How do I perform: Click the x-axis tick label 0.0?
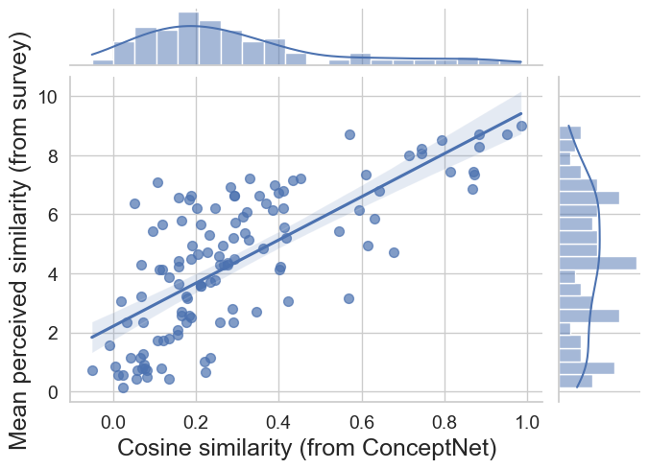pos(113,419)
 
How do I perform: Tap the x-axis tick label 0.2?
pos(196,419)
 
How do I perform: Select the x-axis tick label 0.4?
pos(278,419)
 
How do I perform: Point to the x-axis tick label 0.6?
pos(361,419)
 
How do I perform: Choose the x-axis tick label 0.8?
pos(444,419)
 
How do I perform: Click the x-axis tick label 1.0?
pos(526,419)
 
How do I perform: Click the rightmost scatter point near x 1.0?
pos(521,126)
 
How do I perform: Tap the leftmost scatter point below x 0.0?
pos(92,370)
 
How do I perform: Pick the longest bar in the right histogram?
pos(597,263)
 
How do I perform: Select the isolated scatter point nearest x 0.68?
pos(394,252)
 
